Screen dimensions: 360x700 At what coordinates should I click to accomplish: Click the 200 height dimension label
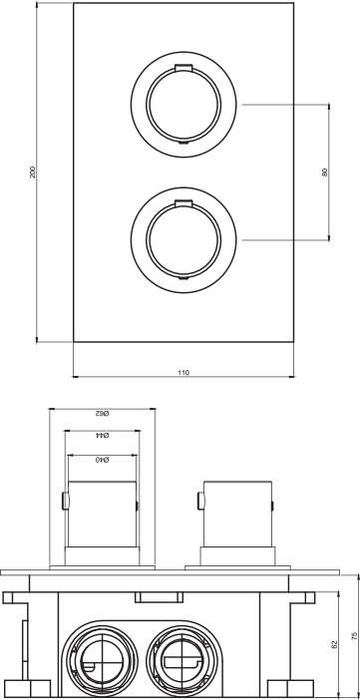point(32,172)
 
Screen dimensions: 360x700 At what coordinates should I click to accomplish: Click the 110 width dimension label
point(183,372)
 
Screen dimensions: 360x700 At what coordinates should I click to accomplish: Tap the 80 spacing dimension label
point(325,172)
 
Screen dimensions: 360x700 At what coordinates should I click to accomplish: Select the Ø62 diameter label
point(102,413)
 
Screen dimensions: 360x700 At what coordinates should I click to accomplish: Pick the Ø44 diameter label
point(103,436)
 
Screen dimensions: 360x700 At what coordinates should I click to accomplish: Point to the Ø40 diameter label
point(102,460)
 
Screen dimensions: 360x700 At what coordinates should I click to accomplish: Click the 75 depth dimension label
point(355,635)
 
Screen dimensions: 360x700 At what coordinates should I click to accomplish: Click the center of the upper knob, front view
point(183,105)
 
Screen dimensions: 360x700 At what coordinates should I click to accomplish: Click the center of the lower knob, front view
point(183,239)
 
